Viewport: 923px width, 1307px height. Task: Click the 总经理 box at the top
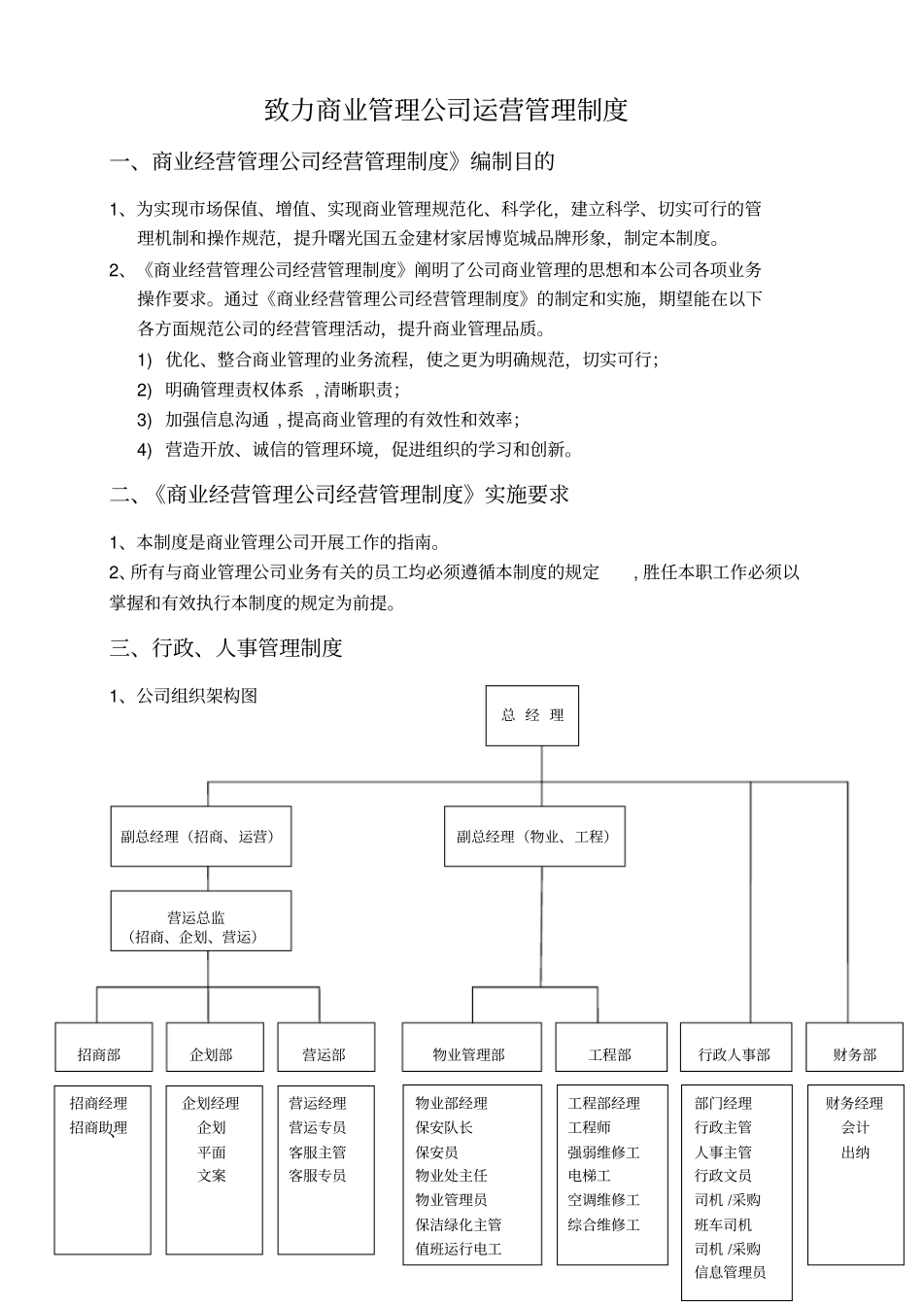[x=531, y=715]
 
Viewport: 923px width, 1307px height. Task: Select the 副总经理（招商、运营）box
[x=200, y=836]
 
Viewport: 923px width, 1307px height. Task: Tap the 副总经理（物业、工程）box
[x=534, y=836]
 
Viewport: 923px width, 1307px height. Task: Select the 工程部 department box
[x=611, y=1054]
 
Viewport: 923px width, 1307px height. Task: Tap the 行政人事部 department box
[x=735, y=1054]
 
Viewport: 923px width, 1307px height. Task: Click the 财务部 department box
[x=855, y=1054]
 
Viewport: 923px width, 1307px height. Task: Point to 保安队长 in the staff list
[x=444, y=1127]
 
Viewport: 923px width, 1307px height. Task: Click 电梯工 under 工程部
[x=590, y=1176]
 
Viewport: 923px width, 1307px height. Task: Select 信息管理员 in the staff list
[x=730, y=1272]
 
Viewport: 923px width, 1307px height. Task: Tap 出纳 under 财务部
[x=855, y=1152]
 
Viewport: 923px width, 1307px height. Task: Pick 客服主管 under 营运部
[x=318, y=1152]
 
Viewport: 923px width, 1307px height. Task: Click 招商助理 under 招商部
[x=98, y=1127]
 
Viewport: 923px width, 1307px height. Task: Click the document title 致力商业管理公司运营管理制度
[x=447, y=109]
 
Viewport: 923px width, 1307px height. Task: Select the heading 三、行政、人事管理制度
[x=226, y=647]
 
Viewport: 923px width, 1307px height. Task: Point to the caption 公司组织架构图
[x=196, y=696]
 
